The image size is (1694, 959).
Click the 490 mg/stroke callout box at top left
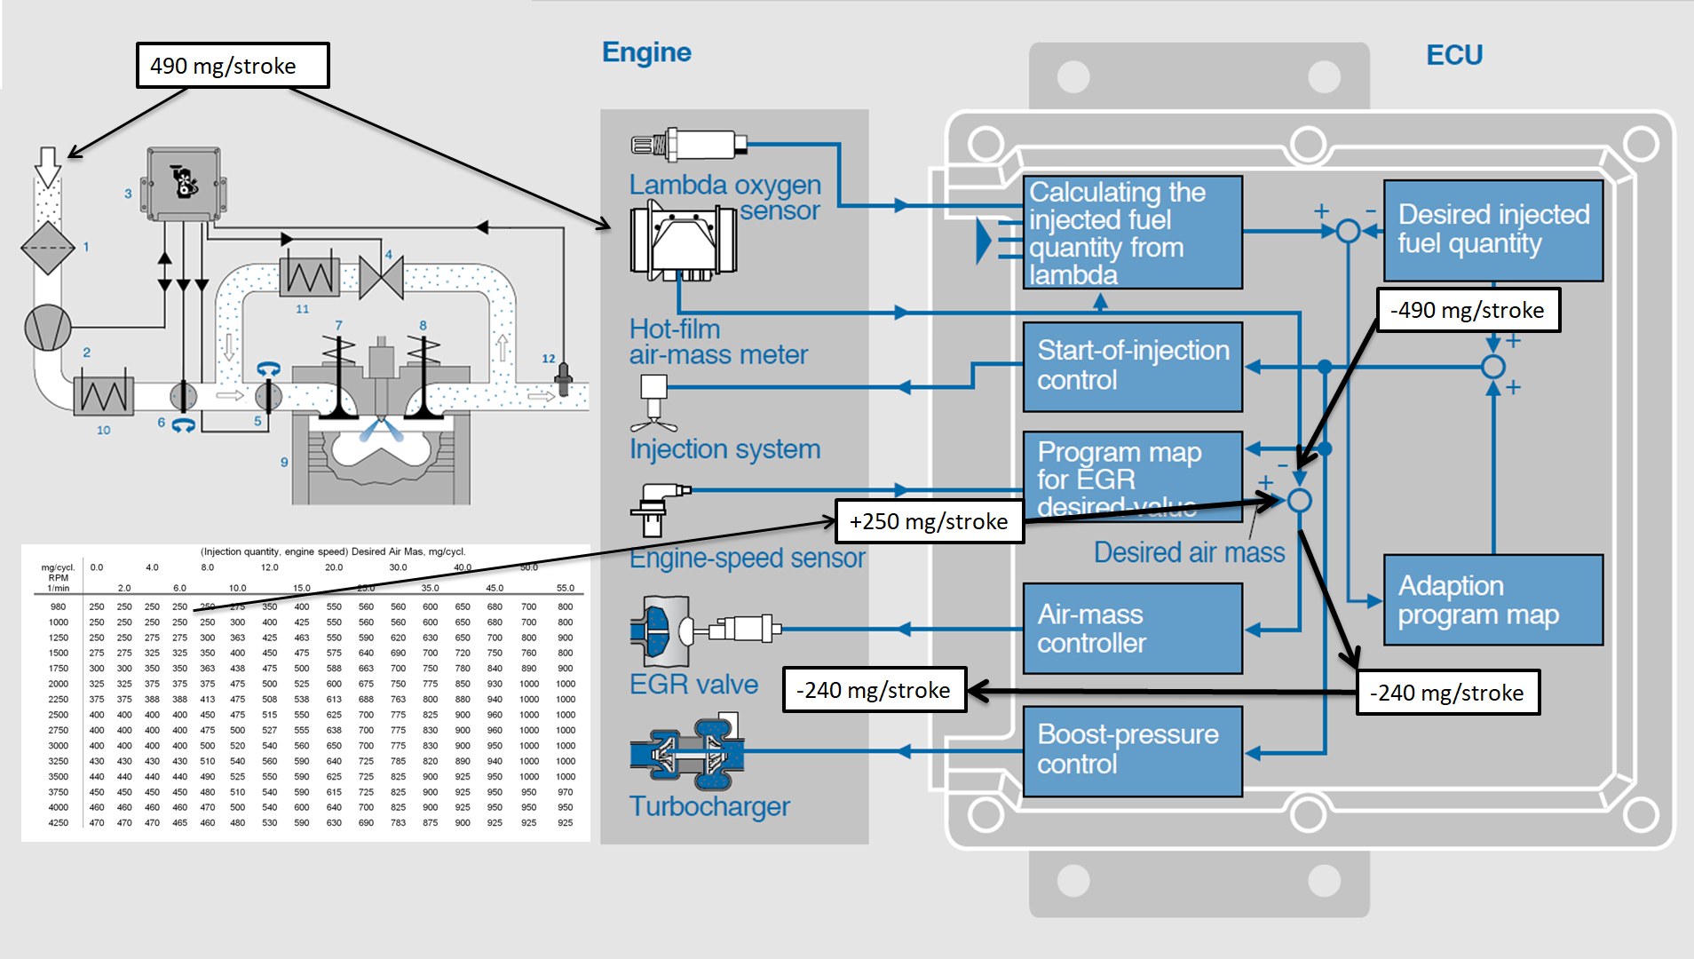233,66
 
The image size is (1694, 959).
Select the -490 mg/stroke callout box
1468,310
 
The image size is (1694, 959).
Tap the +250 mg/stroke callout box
929,521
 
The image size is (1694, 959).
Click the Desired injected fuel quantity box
1493,230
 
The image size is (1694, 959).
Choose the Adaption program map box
1493,600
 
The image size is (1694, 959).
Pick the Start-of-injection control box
1133,366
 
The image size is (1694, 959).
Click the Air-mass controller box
1133,629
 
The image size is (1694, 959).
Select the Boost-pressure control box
1133,750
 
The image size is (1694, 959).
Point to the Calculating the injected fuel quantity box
1133,233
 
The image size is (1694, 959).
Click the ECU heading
1454,55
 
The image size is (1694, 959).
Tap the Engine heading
646,52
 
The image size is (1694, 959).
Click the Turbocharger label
709,806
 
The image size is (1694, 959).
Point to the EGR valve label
693,685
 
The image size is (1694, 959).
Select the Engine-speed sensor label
747,559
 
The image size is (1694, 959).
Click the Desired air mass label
1189,552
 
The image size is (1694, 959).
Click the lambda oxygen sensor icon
689,144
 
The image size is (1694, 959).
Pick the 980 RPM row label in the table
59,607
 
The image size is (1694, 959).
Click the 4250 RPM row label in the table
59,823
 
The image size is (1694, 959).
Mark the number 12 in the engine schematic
549,359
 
